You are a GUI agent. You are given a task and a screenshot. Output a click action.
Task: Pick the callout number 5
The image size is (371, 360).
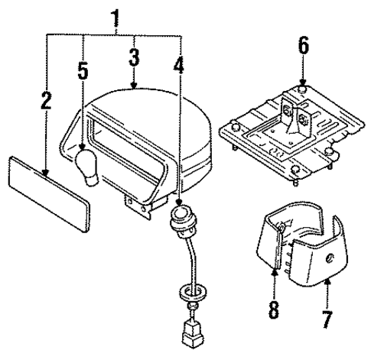(x=82, y=73)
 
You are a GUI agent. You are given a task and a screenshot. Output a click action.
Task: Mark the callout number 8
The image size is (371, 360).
(x=272, y=313)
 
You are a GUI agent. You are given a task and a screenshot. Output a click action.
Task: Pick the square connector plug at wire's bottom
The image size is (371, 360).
(x=191, y=334)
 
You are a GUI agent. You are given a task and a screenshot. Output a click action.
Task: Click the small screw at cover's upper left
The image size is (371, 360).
(x=282, y=226)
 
